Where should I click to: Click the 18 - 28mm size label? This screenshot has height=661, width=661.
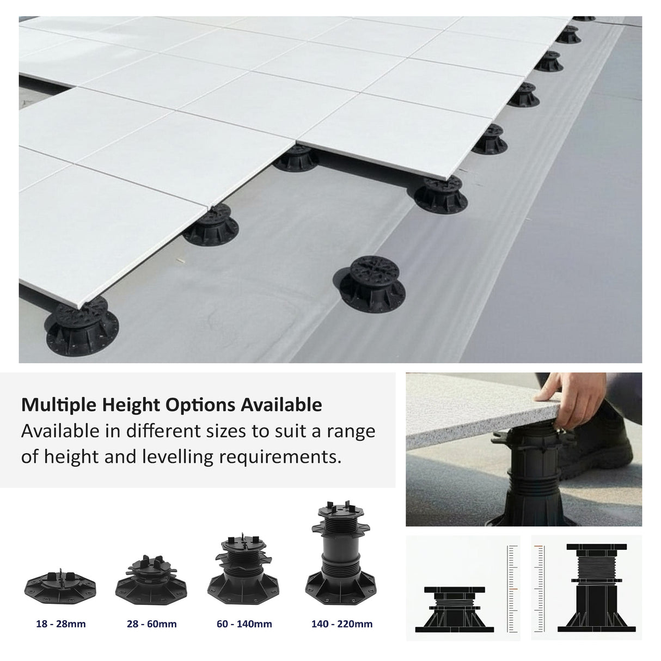(61, 623)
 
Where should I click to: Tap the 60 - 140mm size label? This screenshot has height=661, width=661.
(244, 623)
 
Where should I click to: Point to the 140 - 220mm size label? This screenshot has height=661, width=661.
(342, 623)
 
